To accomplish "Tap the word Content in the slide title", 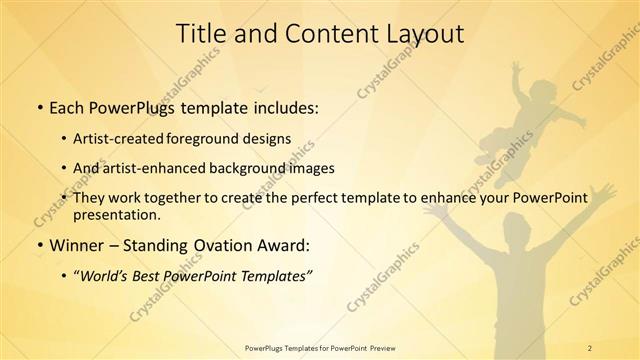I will pyautogui.click(x=323, y=33).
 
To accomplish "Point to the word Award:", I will pyautogui.click(x=285, y=244).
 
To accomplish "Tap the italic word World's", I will pyautogui.click(x=106, y=276).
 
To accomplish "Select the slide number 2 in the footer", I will pyautogui.click(x=590, y=347).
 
